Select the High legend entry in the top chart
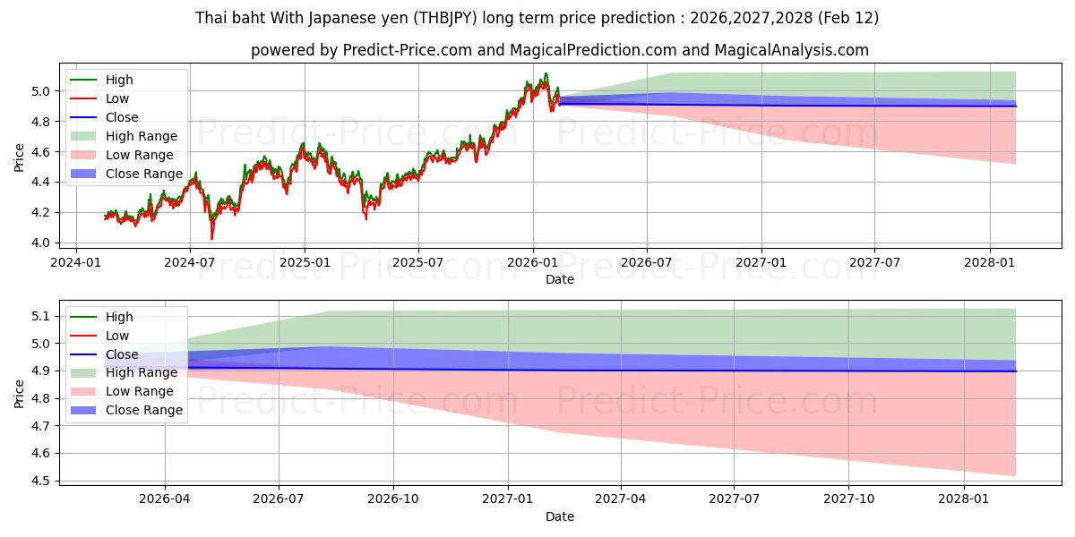click(x=118, y=80)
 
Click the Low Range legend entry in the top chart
click(x=142, y=155)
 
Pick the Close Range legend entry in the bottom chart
click(x=144, y=410)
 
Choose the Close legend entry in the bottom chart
click(x=122, y=354)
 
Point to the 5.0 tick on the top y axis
click(x=41, y=91)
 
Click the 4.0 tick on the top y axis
click(x=41, y=243)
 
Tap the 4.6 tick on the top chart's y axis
click(x=41, y=152)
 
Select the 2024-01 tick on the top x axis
click(x=75, y=262)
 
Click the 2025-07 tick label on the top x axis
click(x=418, y=262)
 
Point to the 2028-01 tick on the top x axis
click(x=990, y=262)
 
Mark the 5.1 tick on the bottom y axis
click(x=41, y=316)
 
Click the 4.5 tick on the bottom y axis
click(x=41, y=481)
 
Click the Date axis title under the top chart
click(x=560, y=279)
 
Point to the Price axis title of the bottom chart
click(x=19, y=392)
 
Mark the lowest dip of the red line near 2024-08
click(x=211, y=239)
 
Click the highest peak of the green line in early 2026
click(x=546, y=73)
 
